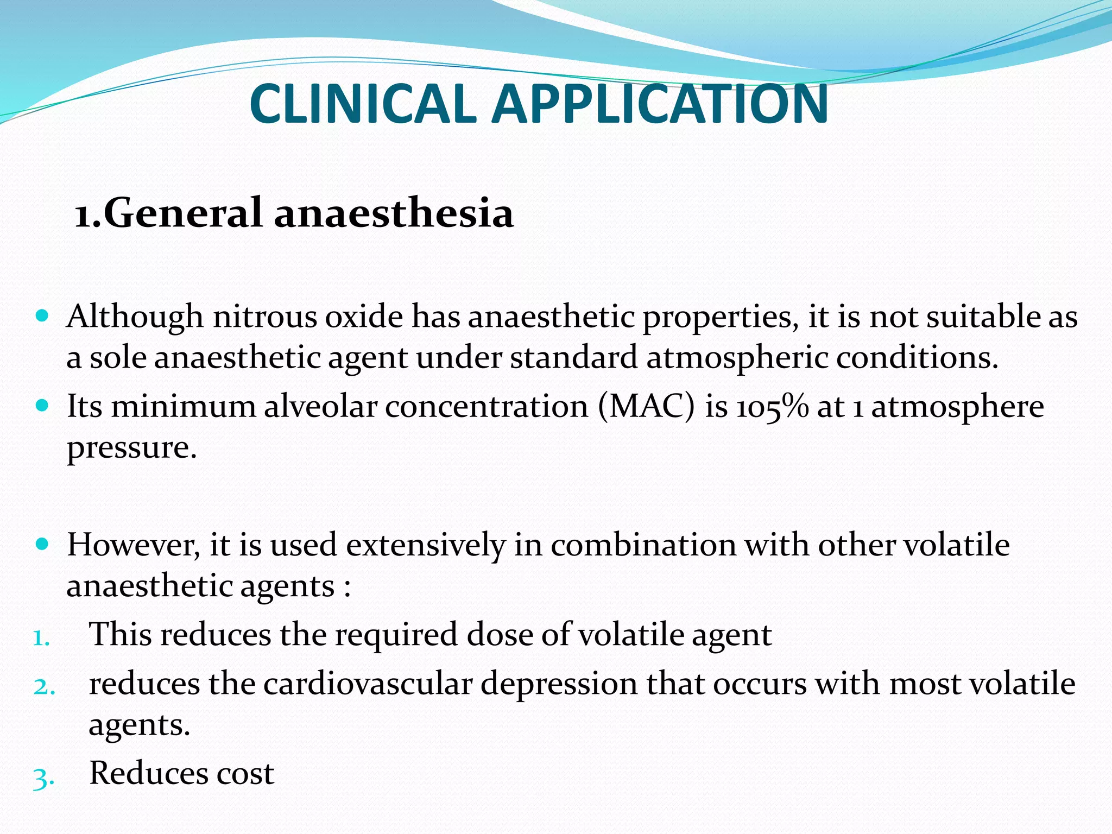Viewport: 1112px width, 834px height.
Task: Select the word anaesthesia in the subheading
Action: tap(394, 213)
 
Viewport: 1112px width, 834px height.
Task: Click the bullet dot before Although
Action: tap(42, 315)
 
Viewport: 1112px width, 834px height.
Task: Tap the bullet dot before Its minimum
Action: tap(42, 405)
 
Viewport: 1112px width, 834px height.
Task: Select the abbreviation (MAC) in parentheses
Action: tap(646, 407)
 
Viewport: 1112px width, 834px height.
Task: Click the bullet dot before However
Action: tap(42, 543)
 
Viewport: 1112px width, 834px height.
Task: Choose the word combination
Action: tap(643, 545)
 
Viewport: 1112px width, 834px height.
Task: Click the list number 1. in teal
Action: tap(41, 637)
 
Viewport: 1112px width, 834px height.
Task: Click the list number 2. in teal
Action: tap(43, 687)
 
